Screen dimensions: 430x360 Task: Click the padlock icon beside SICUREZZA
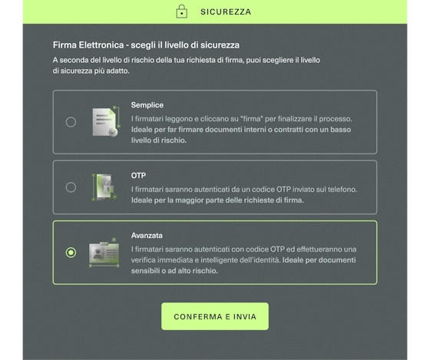pos(181,12)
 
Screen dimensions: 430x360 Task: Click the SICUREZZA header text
pos(226,12)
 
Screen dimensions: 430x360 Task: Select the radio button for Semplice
pos(71,122)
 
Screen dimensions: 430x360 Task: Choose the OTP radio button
pos(71,187)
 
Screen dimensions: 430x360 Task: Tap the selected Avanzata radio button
pos(71,253)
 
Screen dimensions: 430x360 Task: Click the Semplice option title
pos(147,105)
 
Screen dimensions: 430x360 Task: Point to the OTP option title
pos(138,176)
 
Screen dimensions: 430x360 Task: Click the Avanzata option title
pos(147,236)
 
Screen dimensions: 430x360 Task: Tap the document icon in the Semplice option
pos(106,122)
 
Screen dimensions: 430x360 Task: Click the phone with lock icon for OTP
pos(104,187)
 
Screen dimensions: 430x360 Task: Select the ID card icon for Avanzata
pos(104,253)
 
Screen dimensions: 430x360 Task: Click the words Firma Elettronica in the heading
pos(88,45)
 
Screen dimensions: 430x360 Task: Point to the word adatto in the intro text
pos(117,71)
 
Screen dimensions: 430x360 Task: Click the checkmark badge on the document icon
pos(113,132)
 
